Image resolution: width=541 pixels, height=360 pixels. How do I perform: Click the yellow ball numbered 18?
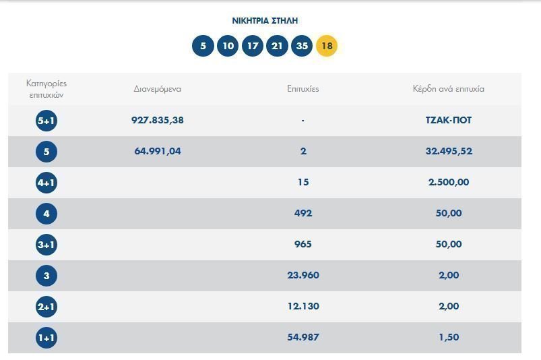(327, 46)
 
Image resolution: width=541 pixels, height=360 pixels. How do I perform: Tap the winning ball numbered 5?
(203, 46)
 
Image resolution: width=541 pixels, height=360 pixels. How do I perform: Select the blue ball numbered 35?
(302, 46)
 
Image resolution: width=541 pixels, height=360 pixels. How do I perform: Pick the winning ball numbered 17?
(253, 46)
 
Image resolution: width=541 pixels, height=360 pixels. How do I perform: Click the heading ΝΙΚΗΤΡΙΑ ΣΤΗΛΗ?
(265, 21)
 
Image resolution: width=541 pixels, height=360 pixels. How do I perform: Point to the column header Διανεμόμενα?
(158, 89)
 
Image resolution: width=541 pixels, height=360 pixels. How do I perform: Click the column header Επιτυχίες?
(303, 89)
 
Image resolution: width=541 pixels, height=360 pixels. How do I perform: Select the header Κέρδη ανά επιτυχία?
(449, 89)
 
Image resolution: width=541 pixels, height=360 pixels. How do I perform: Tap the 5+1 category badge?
(46, 121)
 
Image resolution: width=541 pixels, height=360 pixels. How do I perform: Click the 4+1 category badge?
(46, 183)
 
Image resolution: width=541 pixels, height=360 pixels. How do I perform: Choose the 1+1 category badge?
(46, 338)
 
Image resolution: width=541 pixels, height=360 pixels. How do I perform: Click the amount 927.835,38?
(158, 120)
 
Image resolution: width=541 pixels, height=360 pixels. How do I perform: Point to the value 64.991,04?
(158, 151)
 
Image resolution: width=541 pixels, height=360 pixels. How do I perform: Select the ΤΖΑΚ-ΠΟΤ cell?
(449, 120)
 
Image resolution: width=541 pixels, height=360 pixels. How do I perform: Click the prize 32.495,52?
(449, 151)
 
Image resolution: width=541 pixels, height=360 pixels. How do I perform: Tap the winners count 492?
(303, 213)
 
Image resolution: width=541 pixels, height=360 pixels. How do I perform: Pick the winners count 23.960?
(303, 275)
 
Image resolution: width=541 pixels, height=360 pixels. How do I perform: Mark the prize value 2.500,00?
(449, 182)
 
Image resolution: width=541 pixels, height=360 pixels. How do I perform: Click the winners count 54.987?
(303, 337)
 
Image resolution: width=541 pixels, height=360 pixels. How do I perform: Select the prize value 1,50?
(449, 337)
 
